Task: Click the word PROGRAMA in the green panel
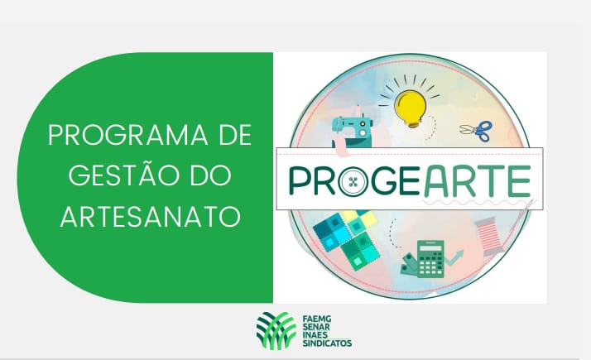pyautogui.click(x=127, y=135)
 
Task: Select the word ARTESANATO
pyautogui.click(x=151, y=216)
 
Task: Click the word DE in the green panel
pyautogui.click(x=235, y=135)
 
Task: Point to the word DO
pyautogui.click(x=211, y=175)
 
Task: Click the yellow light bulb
pyautogui.click(x=410, y=108)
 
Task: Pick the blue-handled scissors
pyautogui.click(x=477, y=131)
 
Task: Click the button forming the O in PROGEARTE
pyautogui.click(x=353, y=182)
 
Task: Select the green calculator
pyautogui.click(x=430, y=258)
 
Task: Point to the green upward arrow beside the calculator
pyautogui.click(x=454, y=257)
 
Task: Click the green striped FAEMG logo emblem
pyautogui.click(x=276, y=330)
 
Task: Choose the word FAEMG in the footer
pyautogui.click(x=316, y=319)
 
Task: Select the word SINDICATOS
pyautogui.click(x=327, y=343)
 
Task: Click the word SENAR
pyautogui.click(x=316, y=327)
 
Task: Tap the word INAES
pyautogui.click(x=315, y=334)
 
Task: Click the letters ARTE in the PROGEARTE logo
pyautogui.click(x=478, y=181)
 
